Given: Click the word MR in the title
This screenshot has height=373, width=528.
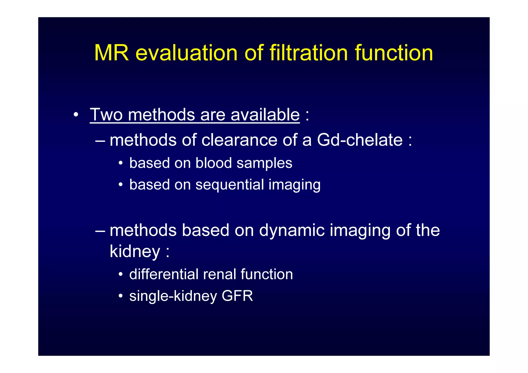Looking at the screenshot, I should pos(111,53).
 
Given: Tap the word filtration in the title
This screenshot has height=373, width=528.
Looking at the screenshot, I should pos(309,53).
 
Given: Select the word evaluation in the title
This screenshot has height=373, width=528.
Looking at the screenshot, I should pos(186,53).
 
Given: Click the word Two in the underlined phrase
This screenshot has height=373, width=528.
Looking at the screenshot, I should pos(106,114).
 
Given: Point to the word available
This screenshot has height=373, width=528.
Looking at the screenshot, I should pos(265,114).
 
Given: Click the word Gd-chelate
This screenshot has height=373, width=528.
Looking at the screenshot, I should pos(360,140).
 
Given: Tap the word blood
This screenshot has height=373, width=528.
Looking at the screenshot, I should pos(213,163).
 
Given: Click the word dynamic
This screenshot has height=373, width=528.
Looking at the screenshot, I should pos(292,230).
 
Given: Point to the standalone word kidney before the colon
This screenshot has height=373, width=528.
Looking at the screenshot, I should pos(135,251).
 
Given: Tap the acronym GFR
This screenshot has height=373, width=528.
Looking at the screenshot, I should pos(237,296).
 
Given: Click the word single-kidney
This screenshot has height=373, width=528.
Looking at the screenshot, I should pos(173,296).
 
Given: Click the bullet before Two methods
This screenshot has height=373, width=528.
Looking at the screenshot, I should pos(76,115).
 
